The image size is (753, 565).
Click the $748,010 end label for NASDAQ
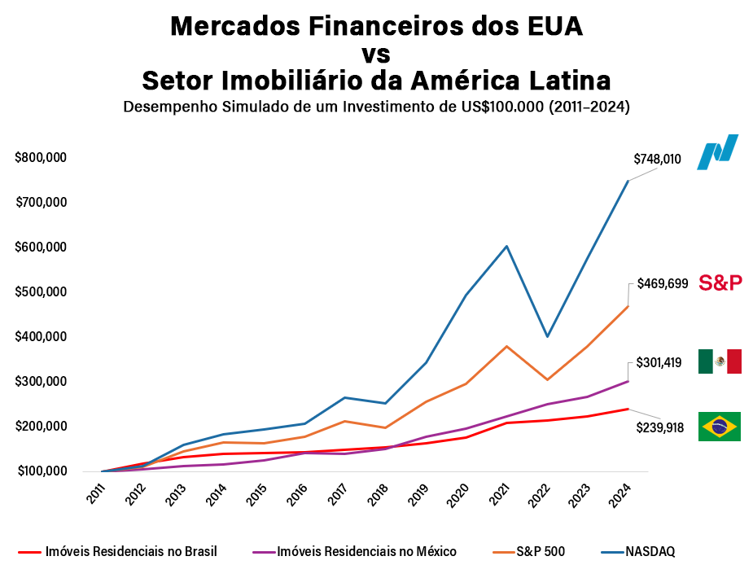click(656, 160)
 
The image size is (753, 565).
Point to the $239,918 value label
click(659, 427)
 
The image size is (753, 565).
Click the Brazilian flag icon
click(719, 427)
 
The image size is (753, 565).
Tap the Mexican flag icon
click(720, 361)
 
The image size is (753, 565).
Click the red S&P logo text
click(721, 283)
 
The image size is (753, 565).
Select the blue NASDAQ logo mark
click(717, 152)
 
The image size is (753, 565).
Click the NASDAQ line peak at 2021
click(506, 246)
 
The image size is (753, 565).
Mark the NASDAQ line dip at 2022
click(548, 336)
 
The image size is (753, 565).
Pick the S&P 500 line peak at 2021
click(506, 346)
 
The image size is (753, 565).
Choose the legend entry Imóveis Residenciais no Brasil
click(131, 552)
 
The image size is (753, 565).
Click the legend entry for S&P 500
click(541, 552)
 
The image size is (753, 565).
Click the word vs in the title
click(376, 55)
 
